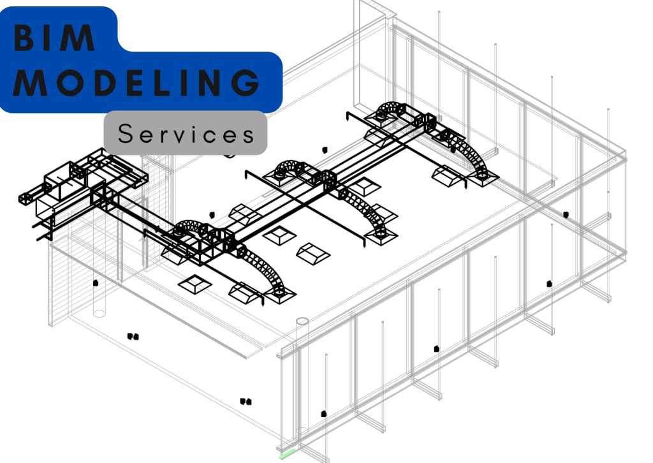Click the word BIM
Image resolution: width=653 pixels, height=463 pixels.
[55, 39]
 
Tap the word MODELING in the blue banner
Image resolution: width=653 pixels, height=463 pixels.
[136, 83]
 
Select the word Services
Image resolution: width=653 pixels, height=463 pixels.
[186, 134]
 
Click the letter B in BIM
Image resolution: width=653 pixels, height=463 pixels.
[25, 39]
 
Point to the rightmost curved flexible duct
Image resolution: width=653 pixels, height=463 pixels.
[475, 156]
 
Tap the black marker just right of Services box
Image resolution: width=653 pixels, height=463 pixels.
[325, 150]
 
